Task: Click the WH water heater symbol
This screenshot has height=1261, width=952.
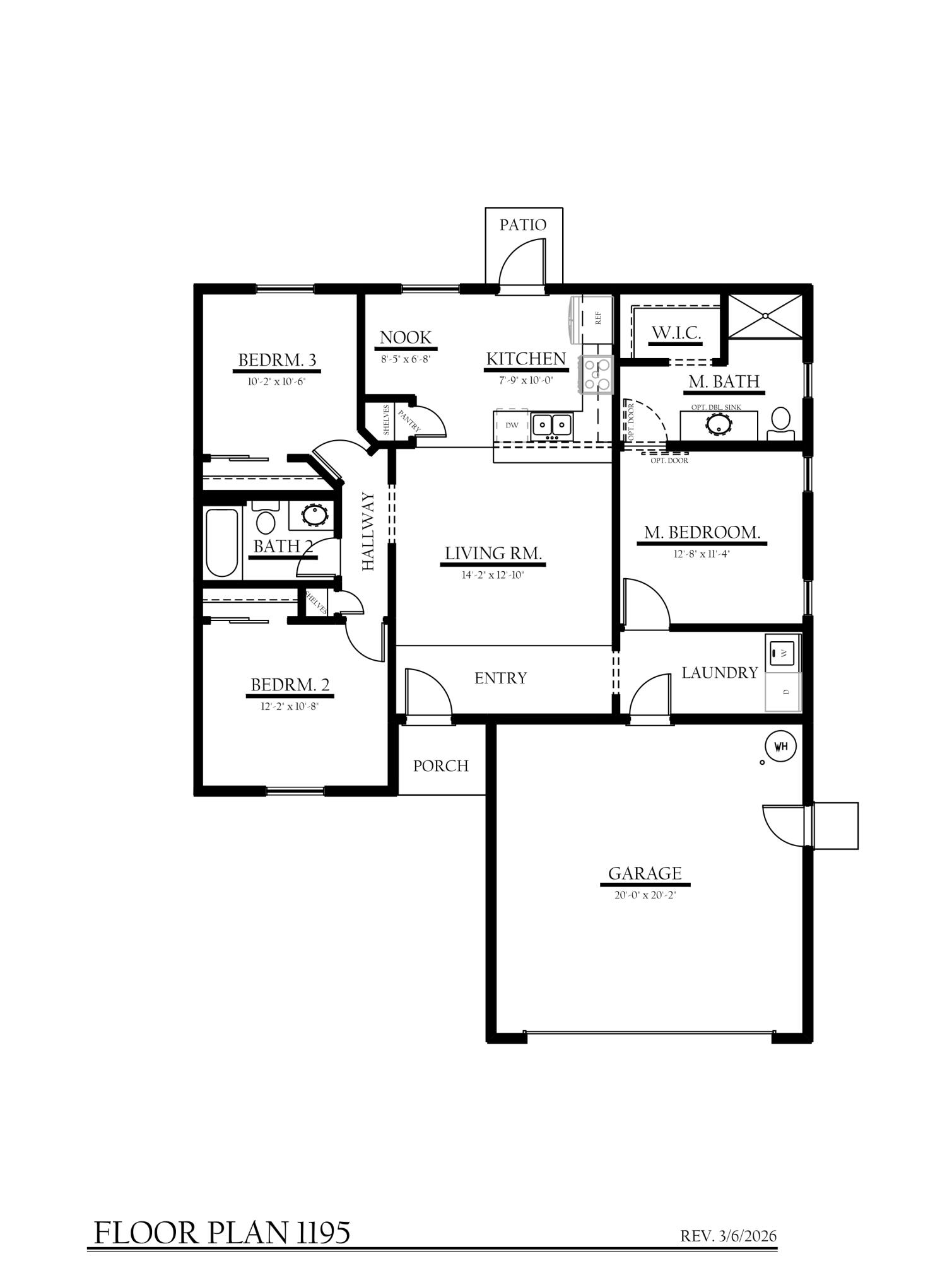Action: pos(780,747)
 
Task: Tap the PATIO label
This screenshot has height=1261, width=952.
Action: pos(522,225)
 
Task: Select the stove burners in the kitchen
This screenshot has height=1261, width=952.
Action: pos(597,374)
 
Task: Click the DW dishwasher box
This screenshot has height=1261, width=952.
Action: pos(512,426)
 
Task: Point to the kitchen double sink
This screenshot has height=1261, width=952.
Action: pos(552,425)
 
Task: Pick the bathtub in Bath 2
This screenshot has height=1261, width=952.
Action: pos(222,542)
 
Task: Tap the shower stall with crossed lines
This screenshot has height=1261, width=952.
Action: pos(765,315)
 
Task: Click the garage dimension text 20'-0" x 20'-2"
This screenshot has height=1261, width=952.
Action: pos(645,895)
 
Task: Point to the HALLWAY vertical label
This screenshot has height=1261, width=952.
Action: pos(368,532)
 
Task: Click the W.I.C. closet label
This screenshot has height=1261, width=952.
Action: pos(676,332)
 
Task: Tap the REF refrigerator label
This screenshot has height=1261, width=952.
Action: pos(598,318)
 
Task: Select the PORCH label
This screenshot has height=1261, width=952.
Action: pos(440,766)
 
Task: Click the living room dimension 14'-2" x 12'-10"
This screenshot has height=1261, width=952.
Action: pos(493,575)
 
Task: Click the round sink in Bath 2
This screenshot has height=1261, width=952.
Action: pos(313,514)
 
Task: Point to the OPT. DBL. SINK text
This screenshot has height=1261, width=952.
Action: pos(716,407)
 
